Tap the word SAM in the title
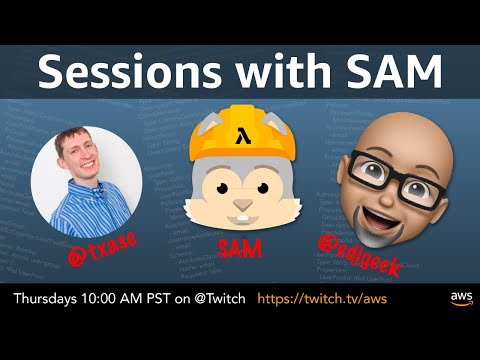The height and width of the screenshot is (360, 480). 389,71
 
